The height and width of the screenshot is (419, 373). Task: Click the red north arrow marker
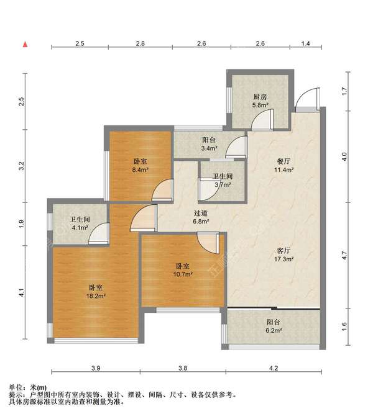[x=25, y=44]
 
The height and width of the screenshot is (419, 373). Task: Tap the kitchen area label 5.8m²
[x=260, y=105]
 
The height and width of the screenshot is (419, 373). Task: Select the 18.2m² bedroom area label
[x=96, y=296]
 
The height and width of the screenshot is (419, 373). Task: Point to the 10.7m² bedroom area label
[x=183, y=274]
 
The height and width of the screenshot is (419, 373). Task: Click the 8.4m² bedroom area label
[x=140, y=169]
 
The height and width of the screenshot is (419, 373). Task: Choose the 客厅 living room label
[x=283, y=250]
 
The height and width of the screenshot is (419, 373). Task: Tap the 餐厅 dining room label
[x=283, y=161]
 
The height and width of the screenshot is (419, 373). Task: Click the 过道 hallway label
[x=201, y=213]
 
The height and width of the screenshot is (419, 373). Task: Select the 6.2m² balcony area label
[x=274, y=331]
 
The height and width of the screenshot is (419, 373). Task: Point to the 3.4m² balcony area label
[x=209, y=148]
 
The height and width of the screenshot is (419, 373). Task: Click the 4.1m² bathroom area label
[x=80, y=228]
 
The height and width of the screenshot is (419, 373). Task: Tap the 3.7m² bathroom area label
[x=223, y=184]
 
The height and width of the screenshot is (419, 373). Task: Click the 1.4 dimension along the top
[x=306, y=43]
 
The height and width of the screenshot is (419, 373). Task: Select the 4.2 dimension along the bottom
[x=274, y=368]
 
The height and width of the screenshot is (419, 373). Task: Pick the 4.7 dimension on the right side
[x=344, y=256]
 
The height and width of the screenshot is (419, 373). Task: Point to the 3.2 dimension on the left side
[x=21, y=166]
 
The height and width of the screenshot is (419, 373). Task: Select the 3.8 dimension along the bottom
[x=183, y=368]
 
